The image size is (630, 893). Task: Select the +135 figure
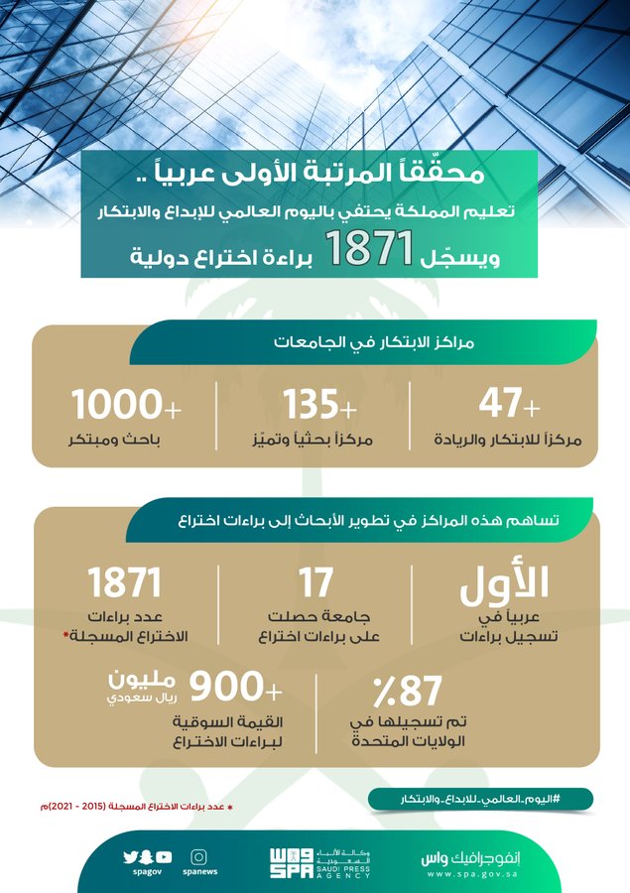coord(320,405)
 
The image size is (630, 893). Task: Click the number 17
coord(316,584)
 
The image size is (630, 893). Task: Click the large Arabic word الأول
coord(504,588)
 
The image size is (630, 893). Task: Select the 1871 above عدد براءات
coord(124,584)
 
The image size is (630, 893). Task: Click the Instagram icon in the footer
coord(199,856)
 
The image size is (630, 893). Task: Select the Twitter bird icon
coord(129,857)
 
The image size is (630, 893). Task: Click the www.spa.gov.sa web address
coord(486,872)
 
